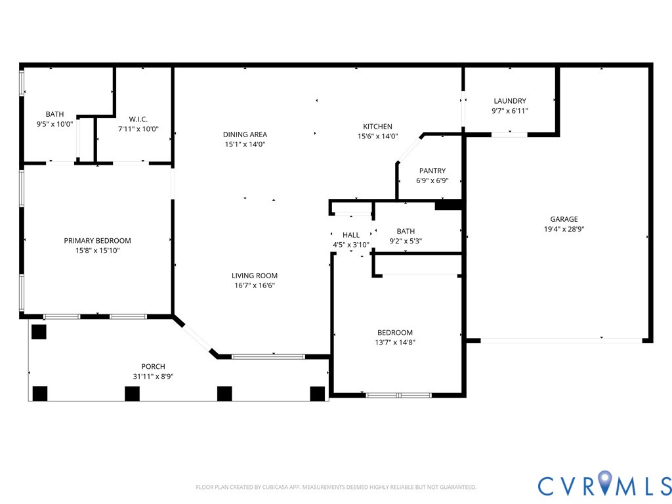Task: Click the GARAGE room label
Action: (x=564, y=219)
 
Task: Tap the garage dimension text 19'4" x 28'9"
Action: (x=564, y=230)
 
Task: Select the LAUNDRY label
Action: (x=510, y=101)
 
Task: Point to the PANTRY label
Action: (x=432, y=171)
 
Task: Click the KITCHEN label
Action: (x=377, y=127)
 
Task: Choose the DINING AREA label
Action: (x=245, y=135)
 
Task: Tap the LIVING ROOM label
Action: (x=254, y=276)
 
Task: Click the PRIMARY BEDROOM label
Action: (x=97, y=241)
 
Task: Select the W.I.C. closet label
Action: (x=138, y=119)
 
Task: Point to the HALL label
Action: (x=351, y=235)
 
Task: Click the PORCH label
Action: (x=153, y=366)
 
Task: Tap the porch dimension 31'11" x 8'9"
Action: (x=153, y=377)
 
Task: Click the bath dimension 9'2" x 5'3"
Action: (x=406, y=241)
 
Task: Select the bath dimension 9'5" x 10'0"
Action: (x=54, y=124)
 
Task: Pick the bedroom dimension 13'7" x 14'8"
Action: (x=395, y=343)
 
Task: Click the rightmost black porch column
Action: (x=318, y=393)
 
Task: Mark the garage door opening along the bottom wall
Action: (x=561, y=341)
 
